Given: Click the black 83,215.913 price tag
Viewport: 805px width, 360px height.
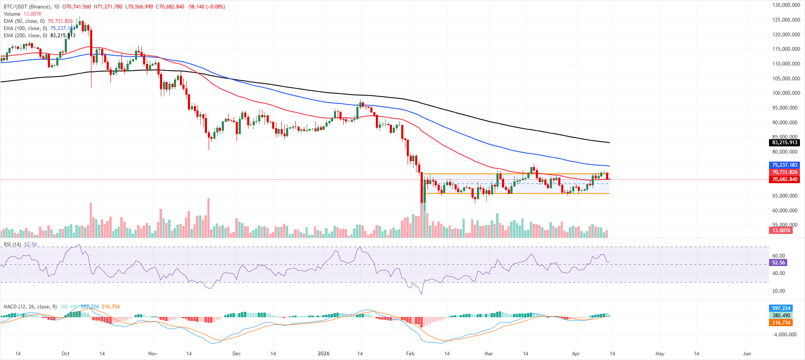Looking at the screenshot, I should (784, 143).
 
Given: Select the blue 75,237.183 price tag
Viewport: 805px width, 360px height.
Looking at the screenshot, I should (784, 165).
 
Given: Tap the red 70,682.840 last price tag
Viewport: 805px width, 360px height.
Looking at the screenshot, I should (784, 179).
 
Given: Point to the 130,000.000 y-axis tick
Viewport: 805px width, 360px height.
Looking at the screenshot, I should (786, 5).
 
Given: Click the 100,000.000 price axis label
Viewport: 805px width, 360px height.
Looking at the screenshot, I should (786, 93).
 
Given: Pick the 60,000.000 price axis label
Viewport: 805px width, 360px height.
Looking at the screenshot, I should (786, 211).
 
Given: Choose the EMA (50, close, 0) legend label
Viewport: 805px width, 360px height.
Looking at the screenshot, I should (24, 21).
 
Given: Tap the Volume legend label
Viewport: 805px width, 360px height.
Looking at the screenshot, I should (12, 14).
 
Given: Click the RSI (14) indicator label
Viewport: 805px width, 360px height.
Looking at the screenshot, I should (12, 245).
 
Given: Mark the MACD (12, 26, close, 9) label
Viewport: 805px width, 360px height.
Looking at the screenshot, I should (30, 307).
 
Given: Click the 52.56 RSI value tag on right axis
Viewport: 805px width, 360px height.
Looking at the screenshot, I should (778, 263).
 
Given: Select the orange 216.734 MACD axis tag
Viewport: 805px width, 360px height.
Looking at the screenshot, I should (781, 323).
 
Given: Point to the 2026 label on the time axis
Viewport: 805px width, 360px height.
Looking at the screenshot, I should (323, 354).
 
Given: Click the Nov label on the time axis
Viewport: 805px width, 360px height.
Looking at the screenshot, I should (152, 354).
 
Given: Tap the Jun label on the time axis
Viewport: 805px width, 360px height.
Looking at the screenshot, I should (747, 354).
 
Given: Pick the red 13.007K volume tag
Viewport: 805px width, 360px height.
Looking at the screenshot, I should (781, 231).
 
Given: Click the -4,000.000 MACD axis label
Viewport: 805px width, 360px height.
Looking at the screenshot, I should (784, 335).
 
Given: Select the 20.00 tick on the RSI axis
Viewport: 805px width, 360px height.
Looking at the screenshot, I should (778, 291).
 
